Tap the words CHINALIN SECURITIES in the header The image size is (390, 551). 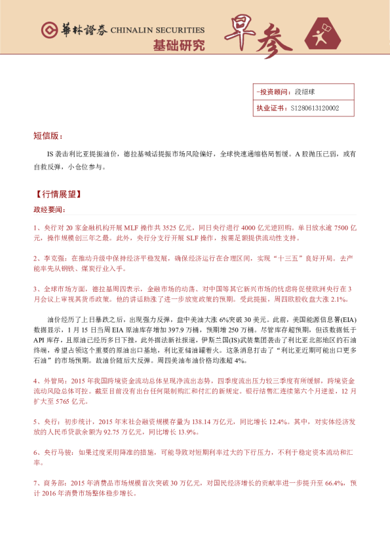157,30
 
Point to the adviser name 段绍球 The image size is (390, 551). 306,92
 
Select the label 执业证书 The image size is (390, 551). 269,109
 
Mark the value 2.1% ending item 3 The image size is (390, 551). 337,299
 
